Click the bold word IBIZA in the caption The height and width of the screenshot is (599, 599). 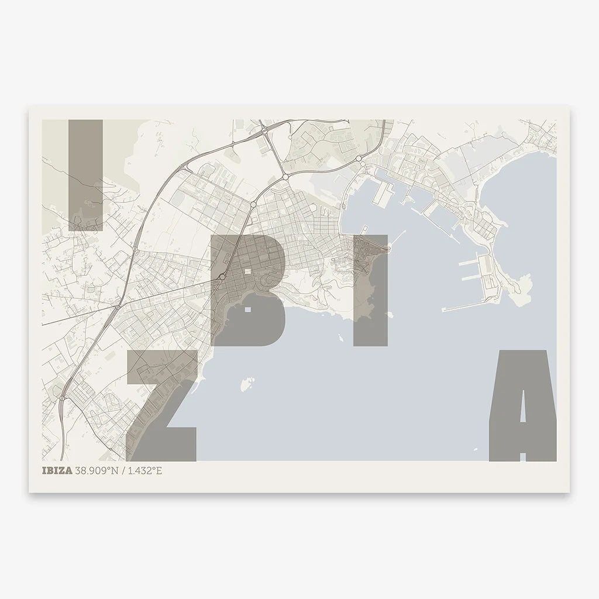click(x=57, y=470)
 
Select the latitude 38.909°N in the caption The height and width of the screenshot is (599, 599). click(x=98, y=470)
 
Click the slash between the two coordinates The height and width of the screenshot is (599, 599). click(x=122, y=470)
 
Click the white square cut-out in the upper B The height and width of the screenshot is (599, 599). click(x=248, y=271)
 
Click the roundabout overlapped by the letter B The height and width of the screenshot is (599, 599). click(x=223, y=276)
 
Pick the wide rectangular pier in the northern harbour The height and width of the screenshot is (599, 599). click(x=383, y=191)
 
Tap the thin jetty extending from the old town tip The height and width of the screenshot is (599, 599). click(x=398, y=237)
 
